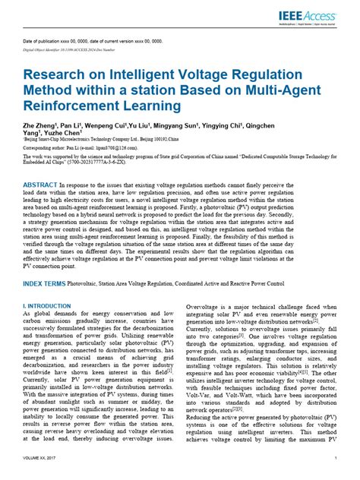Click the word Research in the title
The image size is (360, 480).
click(x=59, y=75)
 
